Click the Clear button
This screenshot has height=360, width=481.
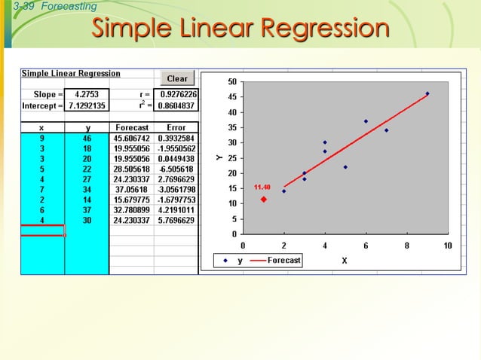coord(177,78)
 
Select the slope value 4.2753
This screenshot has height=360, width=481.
coord(87,95)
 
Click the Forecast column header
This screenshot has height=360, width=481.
coord(132,128)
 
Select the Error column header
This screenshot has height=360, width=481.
coord(176,128)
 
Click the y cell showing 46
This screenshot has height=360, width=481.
coord(87,139)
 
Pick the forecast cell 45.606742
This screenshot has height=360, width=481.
coord(132,139)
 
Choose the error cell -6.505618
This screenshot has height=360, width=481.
coord(176,169)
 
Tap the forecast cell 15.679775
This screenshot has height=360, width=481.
coord(132,200)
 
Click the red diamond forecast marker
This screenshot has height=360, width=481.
coord(264,200)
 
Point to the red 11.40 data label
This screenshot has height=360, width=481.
coord(262,186)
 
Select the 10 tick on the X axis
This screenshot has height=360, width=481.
coord(448,246)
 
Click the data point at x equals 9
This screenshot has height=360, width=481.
coord(427,93)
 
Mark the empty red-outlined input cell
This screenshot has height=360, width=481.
coord(42,230)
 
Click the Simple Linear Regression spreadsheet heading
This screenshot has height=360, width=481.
coord(71,74)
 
